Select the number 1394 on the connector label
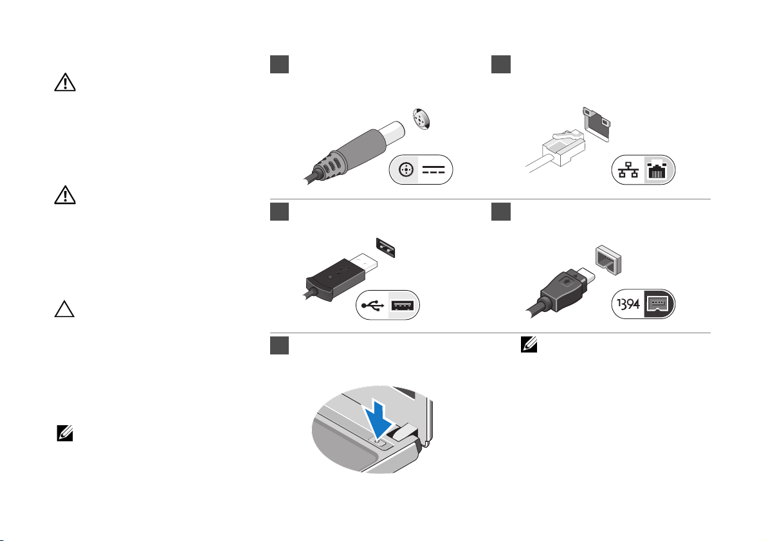[626, 305]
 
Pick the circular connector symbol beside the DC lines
[405, 170]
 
